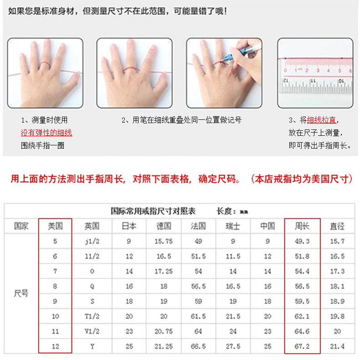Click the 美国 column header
[55, 226]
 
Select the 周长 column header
[302, 226]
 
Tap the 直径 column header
[337, 226]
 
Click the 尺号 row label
[21, 293]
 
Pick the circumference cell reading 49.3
[302, 242]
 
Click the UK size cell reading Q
[92, 286]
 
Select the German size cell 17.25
[164, 271]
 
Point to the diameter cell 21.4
[337, 346]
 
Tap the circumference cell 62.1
[302, 316]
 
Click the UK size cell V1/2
[92, 331]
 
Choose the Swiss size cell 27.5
[233, 346]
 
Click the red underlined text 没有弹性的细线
[46, 133]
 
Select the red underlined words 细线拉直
[321, 120]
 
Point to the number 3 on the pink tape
[318, 71]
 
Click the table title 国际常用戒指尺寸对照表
[153, 211]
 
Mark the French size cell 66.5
[198, 346]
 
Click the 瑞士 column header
[233, 226]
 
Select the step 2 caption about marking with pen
[181, 120]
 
